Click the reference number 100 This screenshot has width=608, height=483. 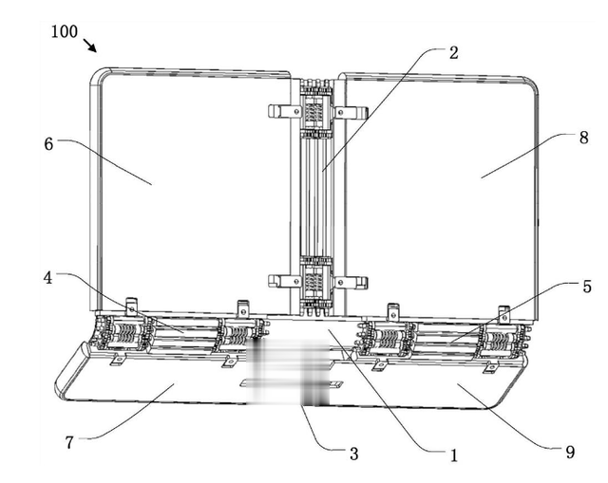point(65,31)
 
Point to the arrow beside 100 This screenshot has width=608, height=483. point(89,45)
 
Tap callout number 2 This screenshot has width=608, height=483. point(454,53)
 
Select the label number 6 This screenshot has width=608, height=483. point(48,144)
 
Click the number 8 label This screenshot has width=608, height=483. point(583,138)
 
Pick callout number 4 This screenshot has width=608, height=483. point(47,278)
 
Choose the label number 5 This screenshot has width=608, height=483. point(587,287)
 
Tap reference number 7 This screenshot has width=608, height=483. point(69,442)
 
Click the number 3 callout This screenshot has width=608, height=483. point(353,454)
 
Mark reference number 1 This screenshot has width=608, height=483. point(454,455)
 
